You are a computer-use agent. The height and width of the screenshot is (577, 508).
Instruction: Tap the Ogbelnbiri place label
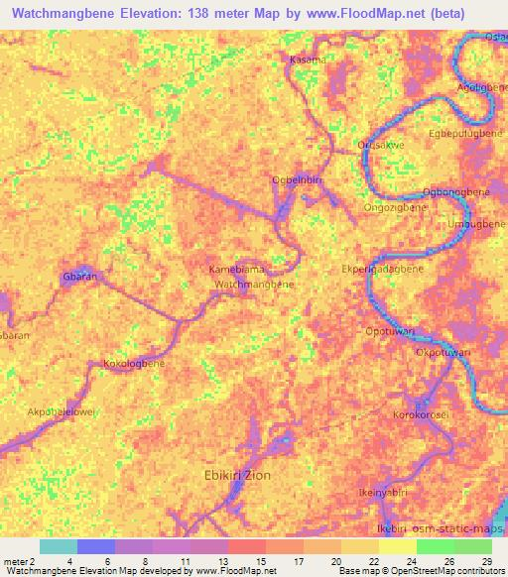[297, 179]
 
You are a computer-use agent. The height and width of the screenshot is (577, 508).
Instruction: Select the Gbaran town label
[79, 277]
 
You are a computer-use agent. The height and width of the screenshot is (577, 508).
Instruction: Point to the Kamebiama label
[235, 270]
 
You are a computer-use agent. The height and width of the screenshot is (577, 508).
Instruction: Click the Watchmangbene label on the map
[255, 285]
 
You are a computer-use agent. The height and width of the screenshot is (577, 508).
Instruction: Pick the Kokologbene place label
[134, 364]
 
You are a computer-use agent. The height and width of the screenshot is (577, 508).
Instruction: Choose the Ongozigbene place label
[395, 209]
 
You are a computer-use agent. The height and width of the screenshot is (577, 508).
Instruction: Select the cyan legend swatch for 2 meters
[58, 546]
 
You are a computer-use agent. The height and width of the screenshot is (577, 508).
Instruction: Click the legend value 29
[485, 561]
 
